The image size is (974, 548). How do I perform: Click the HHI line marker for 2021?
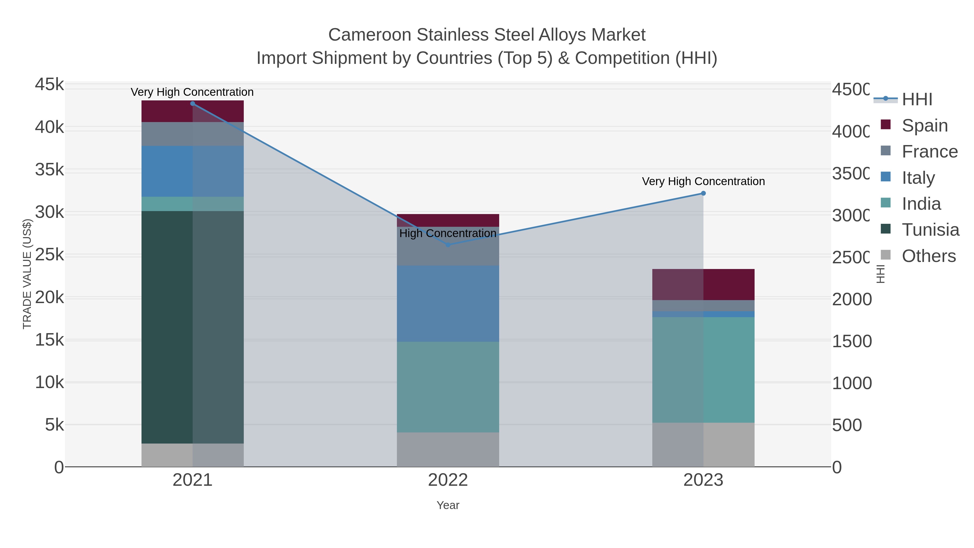tap(192, 104)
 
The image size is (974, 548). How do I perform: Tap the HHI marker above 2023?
tap(703, 193)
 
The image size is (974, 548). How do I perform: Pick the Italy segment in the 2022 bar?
tap(448, 304)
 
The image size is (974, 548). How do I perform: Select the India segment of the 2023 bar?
tap(703, 370)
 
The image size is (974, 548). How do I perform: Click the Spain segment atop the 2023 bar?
tap(703, 284)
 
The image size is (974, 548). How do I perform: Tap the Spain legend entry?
tap(924, 126)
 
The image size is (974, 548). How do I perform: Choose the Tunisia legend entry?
tap(930, 230)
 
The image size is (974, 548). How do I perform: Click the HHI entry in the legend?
tap(917, 100)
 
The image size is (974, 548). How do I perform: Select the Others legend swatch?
tap(886, 255)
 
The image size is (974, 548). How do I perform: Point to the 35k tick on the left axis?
tap(50, 170)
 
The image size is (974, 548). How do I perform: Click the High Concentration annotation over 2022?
tap(448, 233)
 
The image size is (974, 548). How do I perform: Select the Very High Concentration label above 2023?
tap(703, 182)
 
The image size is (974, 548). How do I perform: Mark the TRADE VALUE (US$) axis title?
tap(27, 274)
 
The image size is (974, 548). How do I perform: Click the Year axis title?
tap(448, 505)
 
